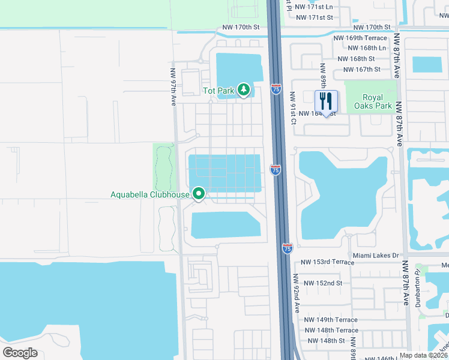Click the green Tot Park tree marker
click(x=243, y=91)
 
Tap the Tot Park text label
click(x=218, y=91)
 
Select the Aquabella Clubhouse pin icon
click(x=198, y=194)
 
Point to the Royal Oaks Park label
click(x=376, y=101)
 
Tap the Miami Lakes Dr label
click(x=376, y=256)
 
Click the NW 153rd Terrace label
click(x=328, y=262)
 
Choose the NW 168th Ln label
click(x=366, y=48)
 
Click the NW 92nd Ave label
click(x=296, y=294)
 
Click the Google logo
click(x=20, y=352)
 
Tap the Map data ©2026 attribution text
click(x=424, y=355)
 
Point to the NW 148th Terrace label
click(x=330, y=330)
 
